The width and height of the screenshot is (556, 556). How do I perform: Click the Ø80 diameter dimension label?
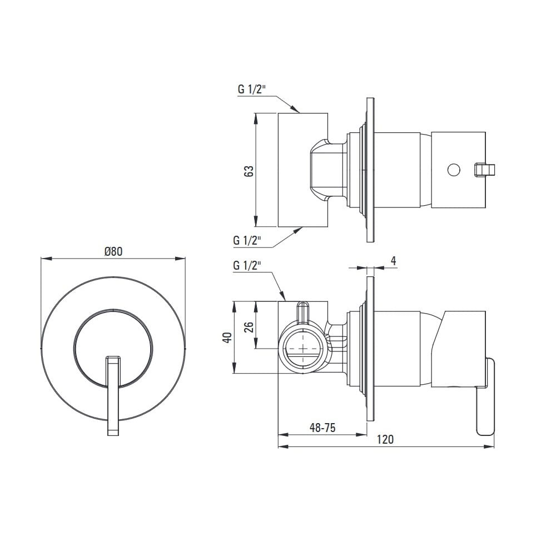[x=113, y=251]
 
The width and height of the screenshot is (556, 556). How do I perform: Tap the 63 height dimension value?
[x=249, y=171]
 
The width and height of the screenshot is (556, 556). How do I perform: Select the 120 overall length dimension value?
[x=385, y=440]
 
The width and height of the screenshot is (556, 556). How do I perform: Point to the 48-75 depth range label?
[x=322, y=428]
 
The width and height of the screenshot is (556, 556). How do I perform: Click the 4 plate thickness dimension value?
[x=393, y=261]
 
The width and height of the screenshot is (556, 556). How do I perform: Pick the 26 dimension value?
[x=249, y=326]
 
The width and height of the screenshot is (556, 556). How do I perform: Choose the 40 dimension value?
[x=227, y=337]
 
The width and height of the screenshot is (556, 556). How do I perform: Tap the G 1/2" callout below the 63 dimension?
[x=247, y=240]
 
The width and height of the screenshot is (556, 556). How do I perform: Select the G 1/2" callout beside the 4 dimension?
[x=247, y=265]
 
